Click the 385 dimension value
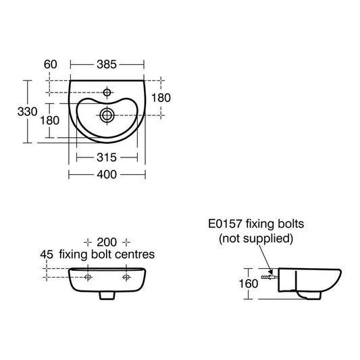[107, 65]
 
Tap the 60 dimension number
[50, 65]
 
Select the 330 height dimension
[27, 111]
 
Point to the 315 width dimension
[107, 157]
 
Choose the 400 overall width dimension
[107, 175]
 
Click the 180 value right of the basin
[161, 98]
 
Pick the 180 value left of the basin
[49, 120]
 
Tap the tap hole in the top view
[107, 93]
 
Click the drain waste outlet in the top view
[107, 115]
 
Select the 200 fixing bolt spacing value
[107, 242]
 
